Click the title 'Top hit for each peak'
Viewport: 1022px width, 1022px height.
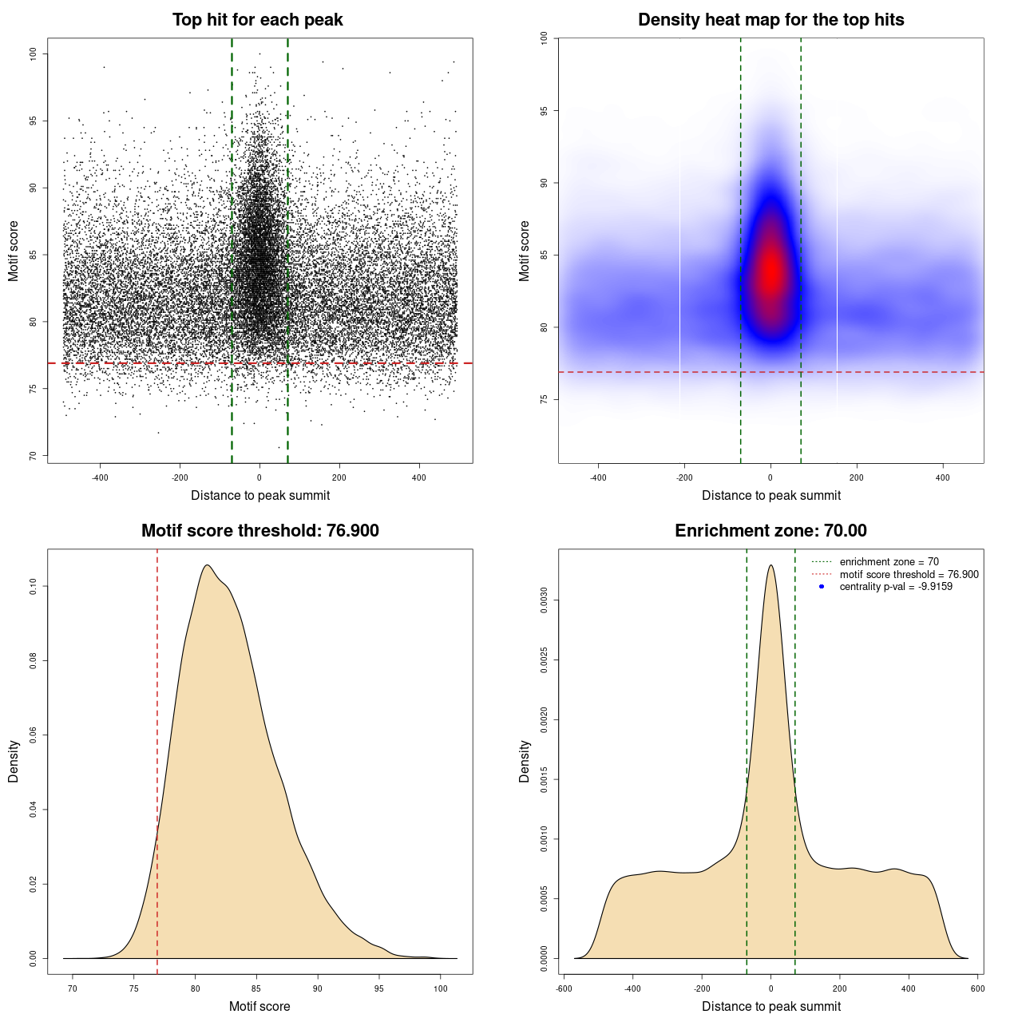click(x=257, y=20)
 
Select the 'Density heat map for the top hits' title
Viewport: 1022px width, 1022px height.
click(x=770, y=20)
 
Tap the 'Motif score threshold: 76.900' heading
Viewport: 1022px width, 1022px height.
click(x=259, y=531)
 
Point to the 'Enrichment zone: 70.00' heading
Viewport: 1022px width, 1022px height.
click(x=770, y=531)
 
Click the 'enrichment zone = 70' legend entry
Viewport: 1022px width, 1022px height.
click(x=889, y=562)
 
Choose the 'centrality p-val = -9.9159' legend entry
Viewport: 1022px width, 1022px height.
click(x=896, y=587)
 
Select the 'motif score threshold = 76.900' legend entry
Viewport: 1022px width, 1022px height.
click(x=909, y=575)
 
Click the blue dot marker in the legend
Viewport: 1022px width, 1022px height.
click(x=822, y=587)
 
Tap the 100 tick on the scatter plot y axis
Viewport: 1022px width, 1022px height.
click(x=34, y=53)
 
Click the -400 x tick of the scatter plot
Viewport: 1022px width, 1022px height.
click(x=100, y=477)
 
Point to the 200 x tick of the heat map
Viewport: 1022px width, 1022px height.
click(x=857, y=477)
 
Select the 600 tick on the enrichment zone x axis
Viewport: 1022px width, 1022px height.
click(x=977, y=988)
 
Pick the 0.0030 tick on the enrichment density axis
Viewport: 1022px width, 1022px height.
click(x=545, y=600)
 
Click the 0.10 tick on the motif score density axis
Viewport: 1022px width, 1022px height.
click(x=34, y=587)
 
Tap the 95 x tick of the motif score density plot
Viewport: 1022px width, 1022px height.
click(x=379, y=988)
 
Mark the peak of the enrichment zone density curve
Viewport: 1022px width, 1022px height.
click(x=770, y=565)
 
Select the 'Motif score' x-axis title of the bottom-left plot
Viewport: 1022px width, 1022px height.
click(x=259, y=1006)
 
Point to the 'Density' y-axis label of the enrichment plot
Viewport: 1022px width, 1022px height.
click(x=525, y=761)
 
